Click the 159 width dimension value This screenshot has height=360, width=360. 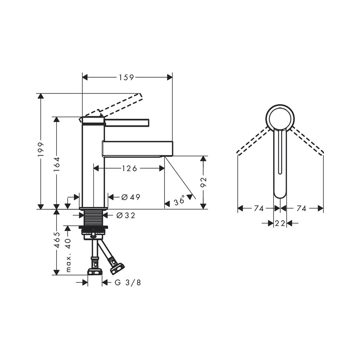click(126, 77)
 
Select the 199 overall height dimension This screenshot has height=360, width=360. click(41, 149)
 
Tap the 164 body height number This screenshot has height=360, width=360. click(57, 164)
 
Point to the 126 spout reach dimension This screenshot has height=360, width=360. click(129, 168)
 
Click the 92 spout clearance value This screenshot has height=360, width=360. click(203, 182)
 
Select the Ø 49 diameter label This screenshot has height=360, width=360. click(131, 197)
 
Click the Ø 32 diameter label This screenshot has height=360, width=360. click(126, 215)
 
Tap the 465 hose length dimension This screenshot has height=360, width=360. click(57, 240)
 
